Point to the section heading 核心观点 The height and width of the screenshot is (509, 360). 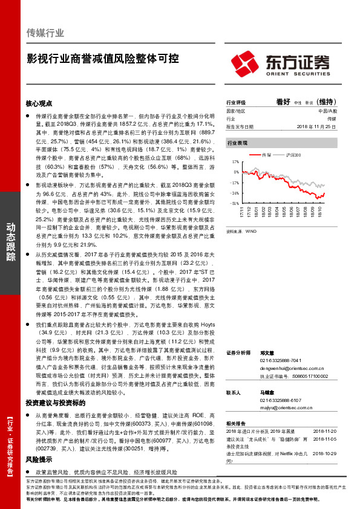39,104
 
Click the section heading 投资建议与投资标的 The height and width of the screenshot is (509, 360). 55,402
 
